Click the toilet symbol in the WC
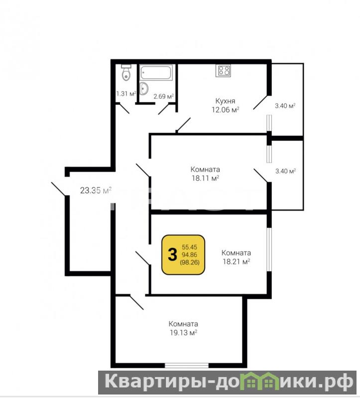(x=126, y=72)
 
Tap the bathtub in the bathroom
(x=156, y=73)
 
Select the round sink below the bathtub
(x=144, y=89)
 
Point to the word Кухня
(x=225, y=101)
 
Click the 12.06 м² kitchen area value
(x=226, y=110)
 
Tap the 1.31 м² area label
(x=126, y=94)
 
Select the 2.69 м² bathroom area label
(x=164, y=96)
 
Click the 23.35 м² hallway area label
(x=96, y=190)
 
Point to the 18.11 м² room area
(x=206, y=178)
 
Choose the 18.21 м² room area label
(x=237, y=262)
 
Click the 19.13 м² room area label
(x=183, y=333)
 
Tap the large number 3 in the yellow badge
(x=172, y=255)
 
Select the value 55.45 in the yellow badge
(x=190, y=247)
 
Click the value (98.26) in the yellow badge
(x=190, y=263)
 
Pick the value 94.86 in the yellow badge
(x=190, y=255)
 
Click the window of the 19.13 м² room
(x=187, y=365)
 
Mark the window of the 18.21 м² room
(x=269, y=250)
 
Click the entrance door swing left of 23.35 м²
(x=59, y=189)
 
